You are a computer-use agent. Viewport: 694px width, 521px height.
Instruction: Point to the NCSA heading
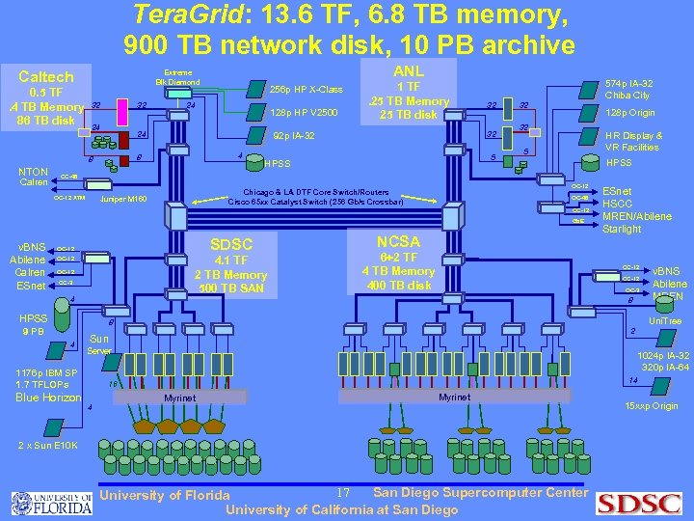pyautogui.click(x=398, y=241)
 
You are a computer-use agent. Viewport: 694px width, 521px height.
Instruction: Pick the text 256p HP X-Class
pyautogui.click(x=306, y=89)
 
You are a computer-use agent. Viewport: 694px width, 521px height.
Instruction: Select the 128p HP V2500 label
pyautogui.click(x=306, y=113)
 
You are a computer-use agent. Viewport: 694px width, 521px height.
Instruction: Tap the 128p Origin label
pyautogui.click(x=628, y=113)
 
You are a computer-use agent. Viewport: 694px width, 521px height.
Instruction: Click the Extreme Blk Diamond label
pyautogui.click(x=177, y=77)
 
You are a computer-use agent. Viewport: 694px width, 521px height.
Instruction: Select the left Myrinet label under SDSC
pyautogui.click(x=179, y=398)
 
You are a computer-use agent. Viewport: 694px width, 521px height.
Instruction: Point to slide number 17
pyautogui.click(x=342, y=493)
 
